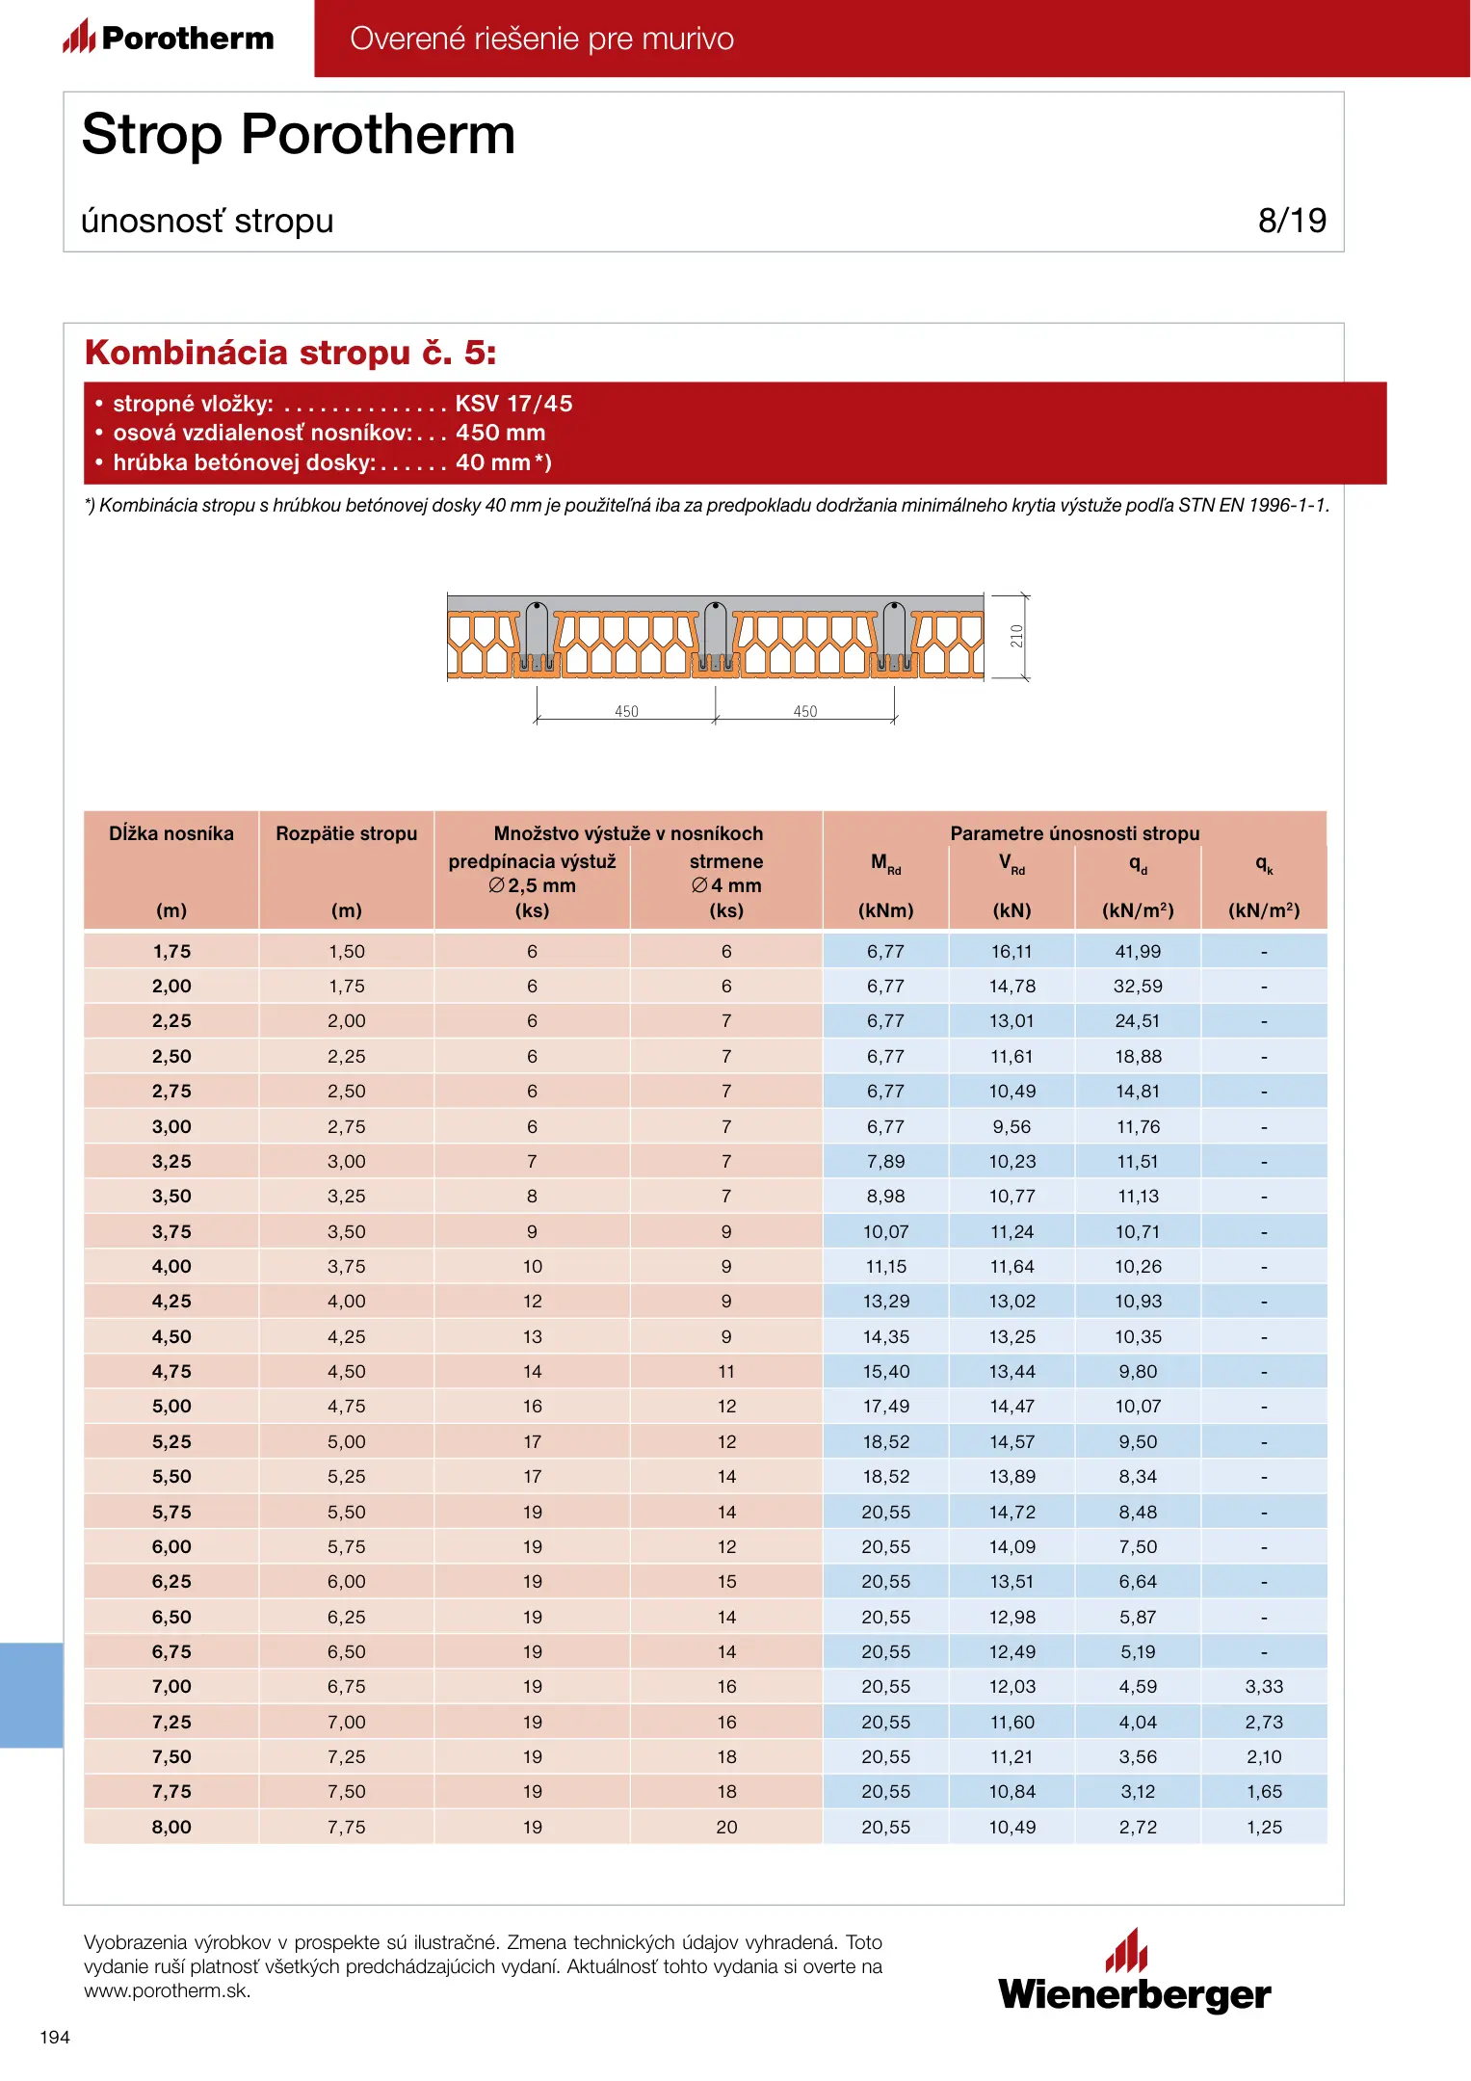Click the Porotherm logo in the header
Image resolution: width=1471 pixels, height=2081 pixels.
tap(170, 38)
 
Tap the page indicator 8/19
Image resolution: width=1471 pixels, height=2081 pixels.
tap(1291, 221)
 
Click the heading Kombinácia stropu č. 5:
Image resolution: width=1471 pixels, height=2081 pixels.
tap(290, 353)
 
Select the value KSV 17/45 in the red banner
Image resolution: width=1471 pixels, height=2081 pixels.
tap(513, 404)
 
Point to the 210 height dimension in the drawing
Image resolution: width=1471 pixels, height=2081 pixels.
tap(1016, 636)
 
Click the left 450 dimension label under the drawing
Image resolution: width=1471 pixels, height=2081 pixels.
tap(626, 711)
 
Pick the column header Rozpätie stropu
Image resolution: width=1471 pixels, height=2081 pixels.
tap(346, 833)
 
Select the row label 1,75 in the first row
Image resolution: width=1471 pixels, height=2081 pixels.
tap(171, 951)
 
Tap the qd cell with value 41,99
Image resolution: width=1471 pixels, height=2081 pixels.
tap(1138, 951)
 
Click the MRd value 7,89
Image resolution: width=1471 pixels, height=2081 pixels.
tap(885, 1161)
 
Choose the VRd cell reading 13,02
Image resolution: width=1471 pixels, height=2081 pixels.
tap(1011, 1301)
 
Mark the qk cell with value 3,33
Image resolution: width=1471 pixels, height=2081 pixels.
tap(1264, 1686)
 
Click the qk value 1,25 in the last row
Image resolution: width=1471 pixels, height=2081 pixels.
tap(1264, 1827)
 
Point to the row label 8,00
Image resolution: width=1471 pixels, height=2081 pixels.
tap(171, 1827)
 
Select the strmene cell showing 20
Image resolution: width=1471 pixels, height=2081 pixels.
tap(726, 1827)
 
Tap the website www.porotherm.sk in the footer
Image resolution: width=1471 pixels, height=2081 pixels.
tap(167, 1990)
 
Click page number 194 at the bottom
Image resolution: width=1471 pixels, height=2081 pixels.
tap(55, 2037)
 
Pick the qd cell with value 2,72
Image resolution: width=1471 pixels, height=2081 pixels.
tap(1138, 1827)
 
